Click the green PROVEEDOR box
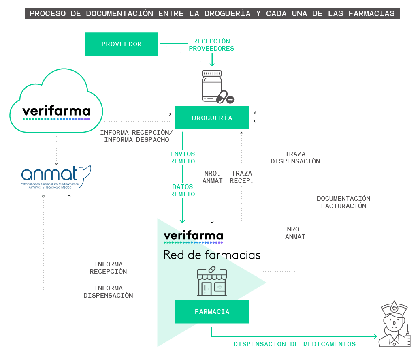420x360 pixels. click(x=122, y=44)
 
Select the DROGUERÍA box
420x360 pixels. click(x=212, y=118)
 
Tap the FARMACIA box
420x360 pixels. click(x=212, y=312)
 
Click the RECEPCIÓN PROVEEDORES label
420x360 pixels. click(x=211, y=45)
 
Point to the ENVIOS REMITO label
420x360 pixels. click(x=183, y=157)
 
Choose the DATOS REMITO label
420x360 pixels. click(x=183, y=191)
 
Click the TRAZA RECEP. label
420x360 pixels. click(x=242, y=177)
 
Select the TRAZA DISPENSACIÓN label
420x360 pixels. click(x=295, y=157)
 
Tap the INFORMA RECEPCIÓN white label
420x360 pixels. click(x=108, y=268)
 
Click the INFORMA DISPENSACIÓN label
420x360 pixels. click(x=108, y=292)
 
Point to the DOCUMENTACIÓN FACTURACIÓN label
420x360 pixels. click(x=343, y=202)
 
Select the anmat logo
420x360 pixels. click(x=56, y=177)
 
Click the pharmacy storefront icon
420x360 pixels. click(x=212, y=281)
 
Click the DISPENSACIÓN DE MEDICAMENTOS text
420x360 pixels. click(x=294, y=344)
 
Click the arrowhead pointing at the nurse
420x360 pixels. click(x=375, y=336)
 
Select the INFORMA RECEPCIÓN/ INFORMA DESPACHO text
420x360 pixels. click(x=136, y=136)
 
